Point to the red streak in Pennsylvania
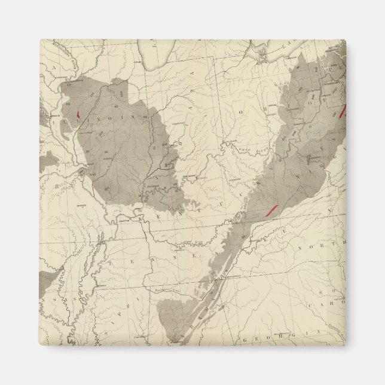(x=343, y=111)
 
